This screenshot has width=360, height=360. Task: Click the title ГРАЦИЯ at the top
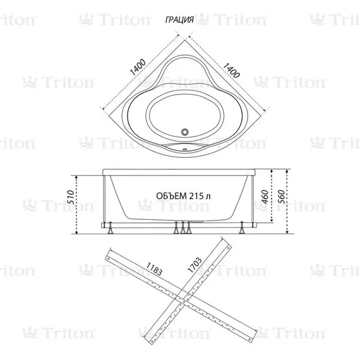click(179, 20)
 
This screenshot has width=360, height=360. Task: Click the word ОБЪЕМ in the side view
click(170, 196)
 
